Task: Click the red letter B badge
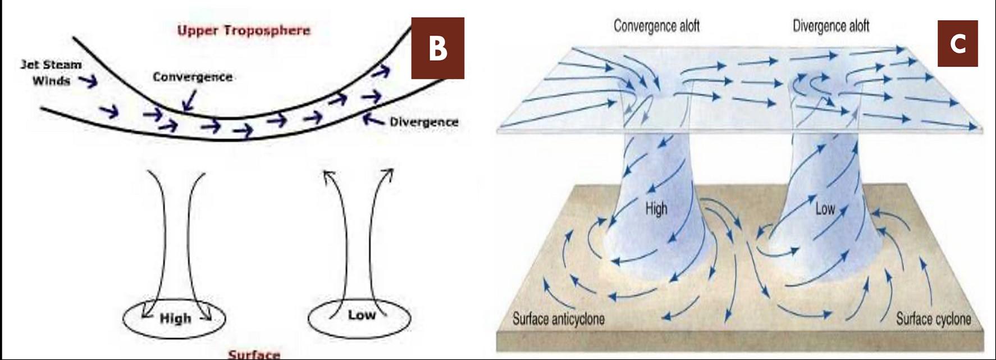pyautogui.click(x=438, y=48)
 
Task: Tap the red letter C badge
pyautogui.click(x=958, y=43)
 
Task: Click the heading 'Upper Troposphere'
pyautogui.click(x=244, y=30)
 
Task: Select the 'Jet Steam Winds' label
pyautogui.click(x=51, y=73)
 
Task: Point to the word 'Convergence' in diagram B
pyautogui.click(x=193, y=77)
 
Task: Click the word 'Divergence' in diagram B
pyautogui.click(x=424, y=122)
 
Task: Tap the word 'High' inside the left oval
pyautogui.click(x=175, y=318)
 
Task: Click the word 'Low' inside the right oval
pyautogui.click(x=362, y=315)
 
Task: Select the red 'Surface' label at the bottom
pyautogui.click(x=254, y=354)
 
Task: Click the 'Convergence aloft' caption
pyautogui.click(x=656, y=26)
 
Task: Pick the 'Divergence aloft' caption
pyautogui.click(x=831, y=26)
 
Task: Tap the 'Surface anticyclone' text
pyautogui.click(x=559, y=320)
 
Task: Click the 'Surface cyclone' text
pyautogui.click(x=933, y=320)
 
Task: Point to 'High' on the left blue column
pyautogui.click(x=656, y=209)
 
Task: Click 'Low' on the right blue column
pyautogui.click(x=825, y=209)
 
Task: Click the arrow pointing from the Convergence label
pyautogui.click(x=189, y=101)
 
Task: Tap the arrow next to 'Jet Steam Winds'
pyautogui.click(x=88, y=82)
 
